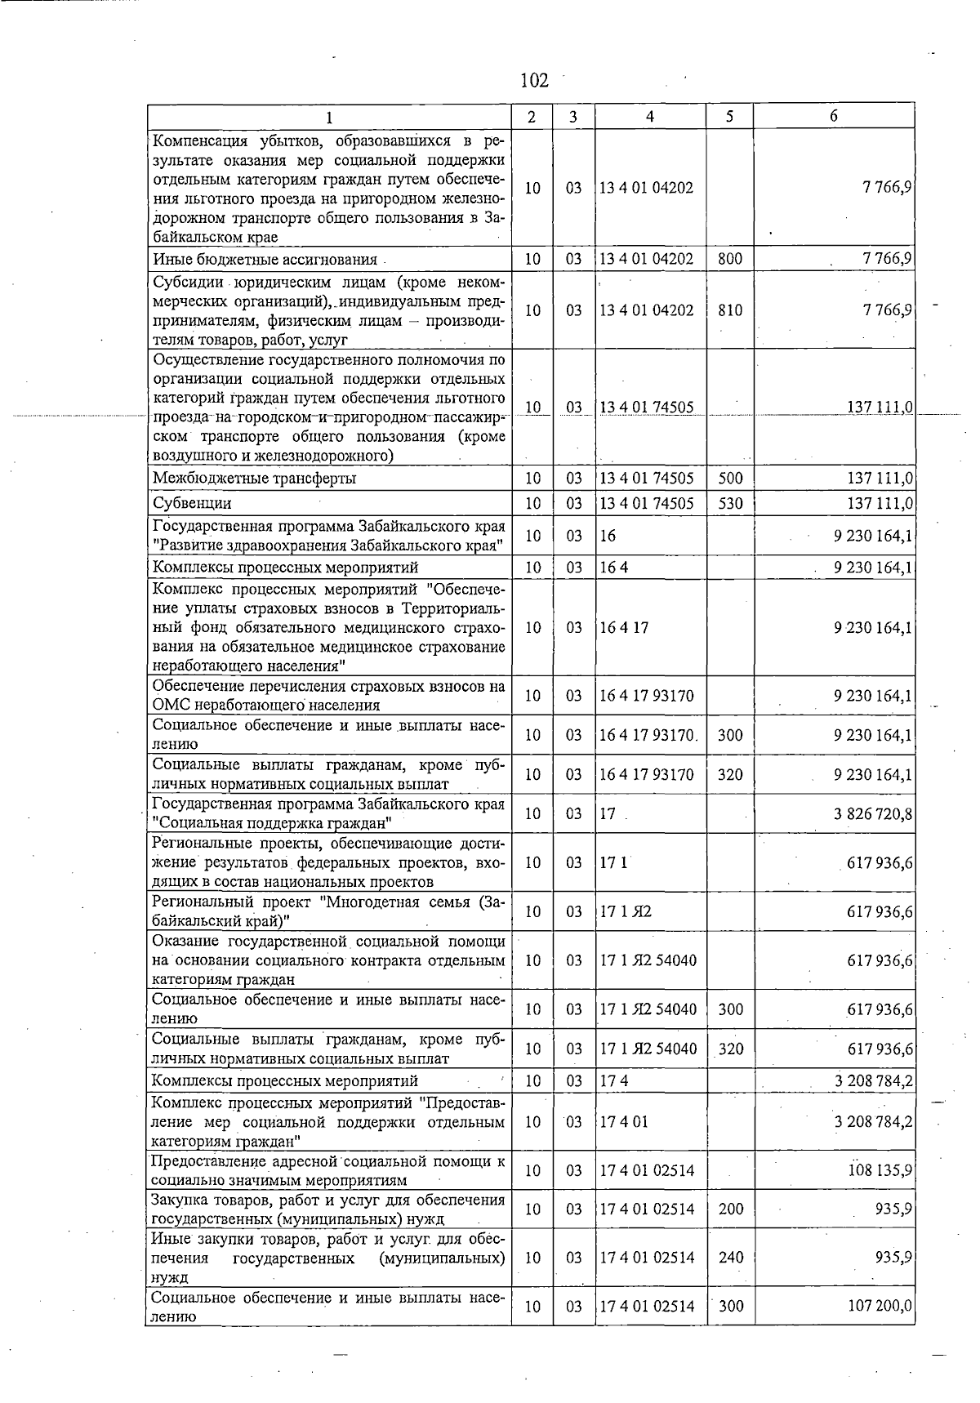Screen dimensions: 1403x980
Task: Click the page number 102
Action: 534,80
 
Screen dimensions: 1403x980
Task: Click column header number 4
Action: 649,116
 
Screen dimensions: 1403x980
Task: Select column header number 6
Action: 833,116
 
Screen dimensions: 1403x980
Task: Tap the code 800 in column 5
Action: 730,260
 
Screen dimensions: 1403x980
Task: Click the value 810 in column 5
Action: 730,310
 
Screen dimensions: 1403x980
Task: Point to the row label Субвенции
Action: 193,503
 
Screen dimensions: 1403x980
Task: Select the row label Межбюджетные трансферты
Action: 254,479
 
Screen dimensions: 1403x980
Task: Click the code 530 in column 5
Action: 730,503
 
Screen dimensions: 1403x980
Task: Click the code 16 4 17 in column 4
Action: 624,627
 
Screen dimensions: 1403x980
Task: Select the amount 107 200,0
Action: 880,1307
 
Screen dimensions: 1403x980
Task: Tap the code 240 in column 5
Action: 730,1258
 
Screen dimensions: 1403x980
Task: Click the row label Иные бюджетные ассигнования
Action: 265,260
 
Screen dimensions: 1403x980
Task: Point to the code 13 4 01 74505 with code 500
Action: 646,479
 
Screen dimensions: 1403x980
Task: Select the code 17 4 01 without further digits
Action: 624,1121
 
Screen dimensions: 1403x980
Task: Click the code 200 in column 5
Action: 730,1209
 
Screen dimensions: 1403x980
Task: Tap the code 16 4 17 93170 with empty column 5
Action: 646,696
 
